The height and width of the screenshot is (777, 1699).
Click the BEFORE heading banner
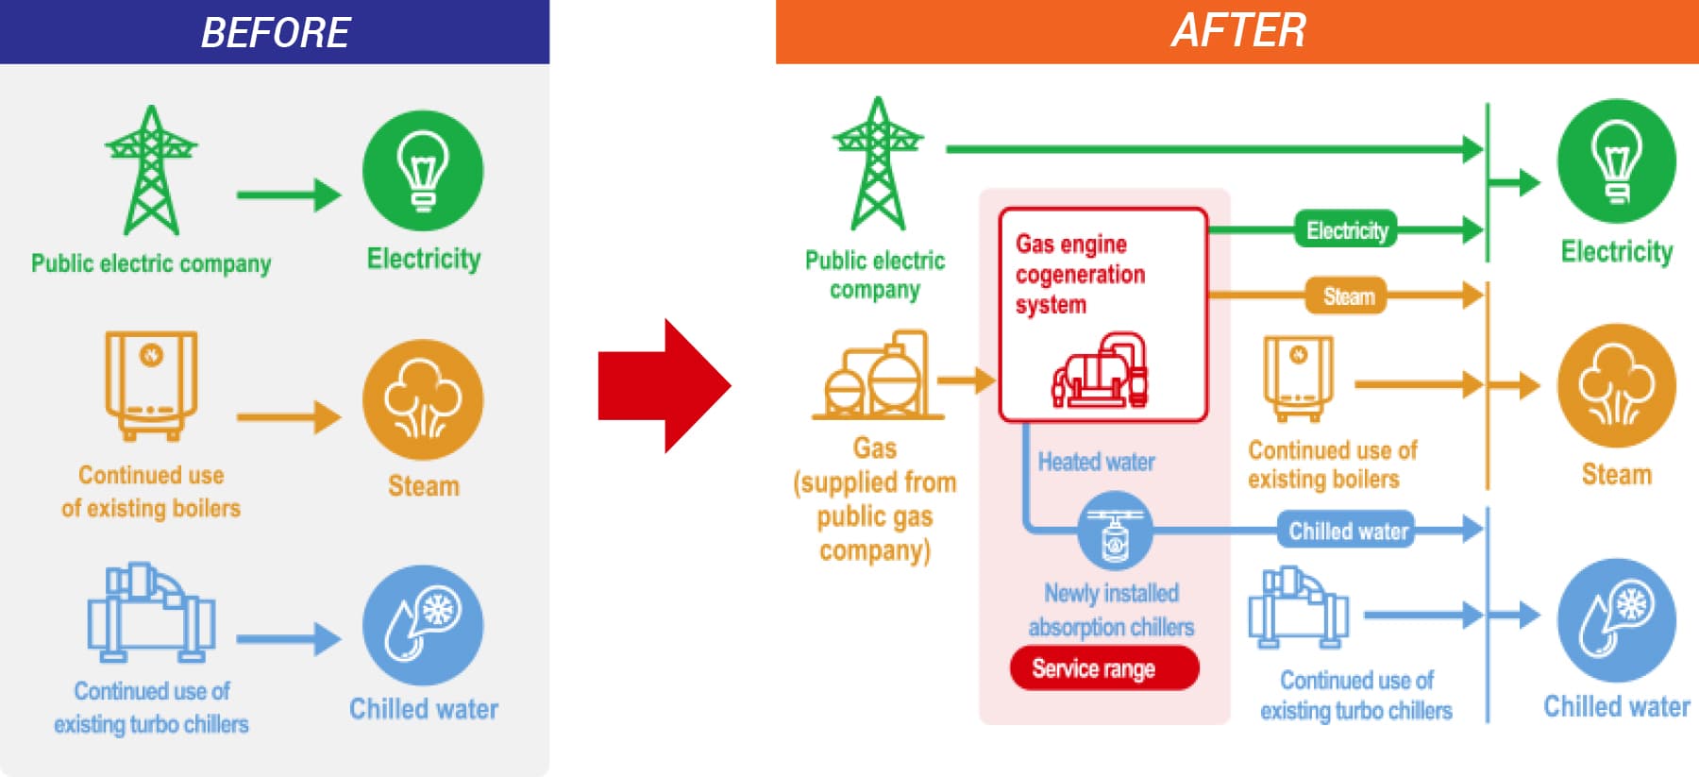click(274, 32)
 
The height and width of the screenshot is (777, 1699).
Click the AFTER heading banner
click(1236, 31)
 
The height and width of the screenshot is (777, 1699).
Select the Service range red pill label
click(1103, 668)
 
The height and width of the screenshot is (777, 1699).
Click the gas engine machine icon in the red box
click(1101, 370)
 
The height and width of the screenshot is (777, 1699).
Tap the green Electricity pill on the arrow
click(1346, 230)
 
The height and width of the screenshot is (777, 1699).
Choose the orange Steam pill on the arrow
click(1347, 296)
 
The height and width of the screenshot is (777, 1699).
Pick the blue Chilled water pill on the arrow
click(1347, 531)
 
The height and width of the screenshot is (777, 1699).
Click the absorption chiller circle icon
click(1115, 531)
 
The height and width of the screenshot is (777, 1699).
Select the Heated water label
click(1096, 462)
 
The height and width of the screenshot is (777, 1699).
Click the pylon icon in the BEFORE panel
click(151, 171)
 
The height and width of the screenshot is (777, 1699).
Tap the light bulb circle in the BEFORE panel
click(423, 171)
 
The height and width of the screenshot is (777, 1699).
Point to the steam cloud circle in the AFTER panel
click(1616, 385)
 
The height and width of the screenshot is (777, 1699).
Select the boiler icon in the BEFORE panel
click(151, 384)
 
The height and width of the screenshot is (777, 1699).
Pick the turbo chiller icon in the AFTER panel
click(1298, 607)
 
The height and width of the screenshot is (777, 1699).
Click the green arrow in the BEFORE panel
click(288, 195)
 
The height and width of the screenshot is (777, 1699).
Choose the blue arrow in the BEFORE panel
click(288, 639)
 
